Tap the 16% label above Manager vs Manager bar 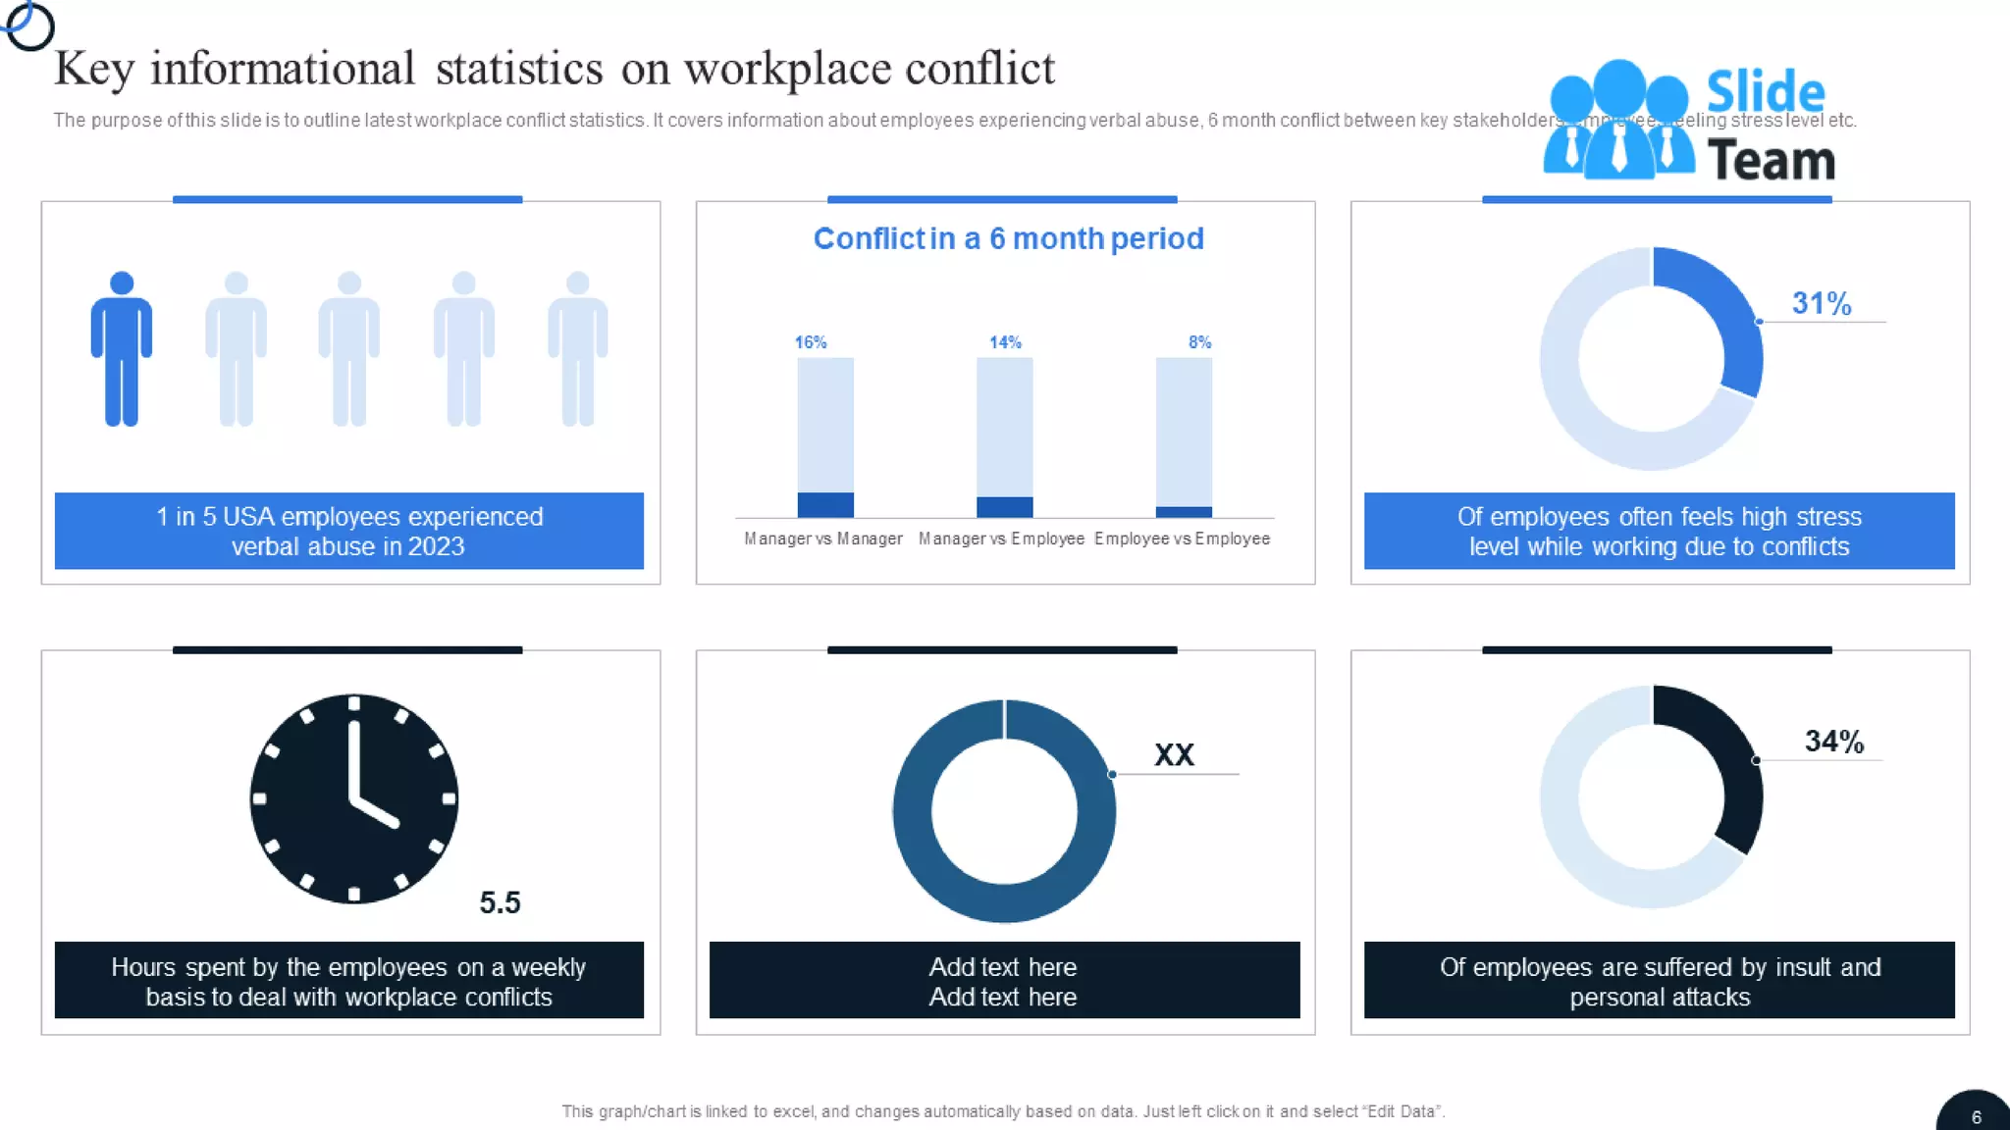pyautogui.click(x=811, y=342)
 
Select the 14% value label pyautogui.click(x=1005, y=342)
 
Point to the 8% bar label pyautogui.click(x=1199, y=342)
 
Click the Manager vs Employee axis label pyautogui.click(x=1001, y=539)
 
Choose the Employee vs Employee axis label pyautogui.click(x=1182, y=539)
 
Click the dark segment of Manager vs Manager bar pyautogui.click(x=825, y=504)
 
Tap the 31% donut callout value pyautogui.click(x=1822, y=303)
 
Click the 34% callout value pyautogui.click(x=1833, y=742)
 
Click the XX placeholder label pyautogui.click(x=1174, y=754)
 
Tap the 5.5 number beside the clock pyautogui.click(x=500, y=902)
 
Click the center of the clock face pyautogui.click(x=354, y=797)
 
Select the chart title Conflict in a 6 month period pyautogui.click(x=1008, y=238)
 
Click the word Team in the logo pyautogui.click(x=1771, y=160)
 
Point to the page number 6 pyautogui.click(x=1976, y=1117)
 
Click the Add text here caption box pyautogui.click(x=1003, y=981)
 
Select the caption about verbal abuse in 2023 pyautogui.click(x=348, y=531)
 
